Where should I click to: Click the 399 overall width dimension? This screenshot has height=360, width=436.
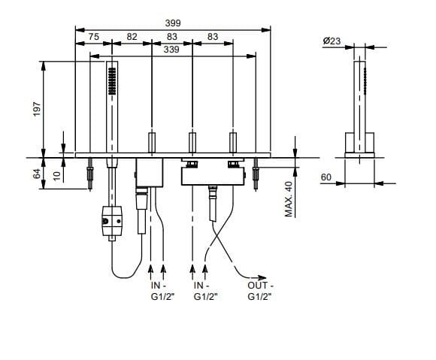(173, 23)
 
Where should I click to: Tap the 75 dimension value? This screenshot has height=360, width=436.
(94, 36)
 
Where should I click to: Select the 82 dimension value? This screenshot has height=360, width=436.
(132, 36)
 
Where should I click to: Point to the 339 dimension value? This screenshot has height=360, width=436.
(171, 50)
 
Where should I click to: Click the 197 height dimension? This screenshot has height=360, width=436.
(37, 109)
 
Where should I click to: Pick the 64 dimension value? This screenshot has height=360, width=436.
(37, 174)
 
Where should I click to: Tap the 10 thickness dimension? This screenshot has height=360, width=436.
(56, 176)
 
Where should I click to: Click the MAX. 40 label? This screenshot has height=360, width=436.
(289, 199)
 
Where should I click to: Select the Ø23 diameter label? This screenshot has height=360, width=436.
(332, 41)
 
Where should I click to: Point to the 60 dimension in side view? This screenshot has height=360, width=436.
(326, 177)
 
